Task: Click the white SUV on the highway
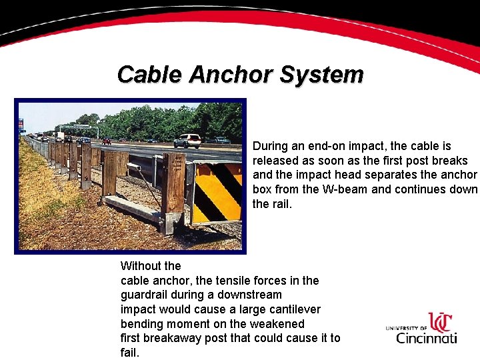point(187,141)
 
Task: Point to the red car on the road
point(106,141)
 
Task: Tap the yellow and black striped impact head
point(217,193)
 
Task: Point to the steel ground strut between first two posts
point(133,210)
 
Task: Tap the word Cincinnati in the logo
point(427,337)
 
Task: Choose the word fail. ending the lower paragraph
point(130,353)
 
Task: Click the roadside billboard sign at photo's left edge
point(21,125)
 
